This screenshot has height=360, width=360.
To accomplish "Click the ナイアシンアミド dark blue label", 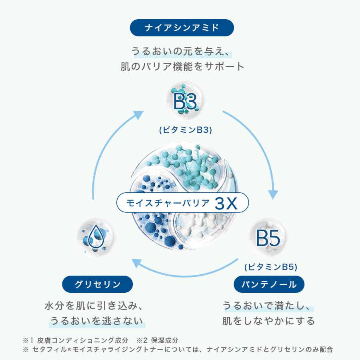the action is [x=182, y=28].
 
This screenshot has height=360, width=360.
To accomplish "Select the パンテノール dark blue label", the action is [x=269, y=284].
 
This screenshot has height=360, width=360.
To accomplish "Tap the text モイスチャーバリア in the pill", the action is [x=168, y=203].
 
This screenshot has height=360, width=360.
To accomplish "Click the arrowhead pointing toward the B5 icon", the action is [x=273, y=194].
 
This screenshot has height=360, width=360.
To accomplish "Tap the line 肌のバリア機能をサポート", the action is [x=182, y=66].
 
